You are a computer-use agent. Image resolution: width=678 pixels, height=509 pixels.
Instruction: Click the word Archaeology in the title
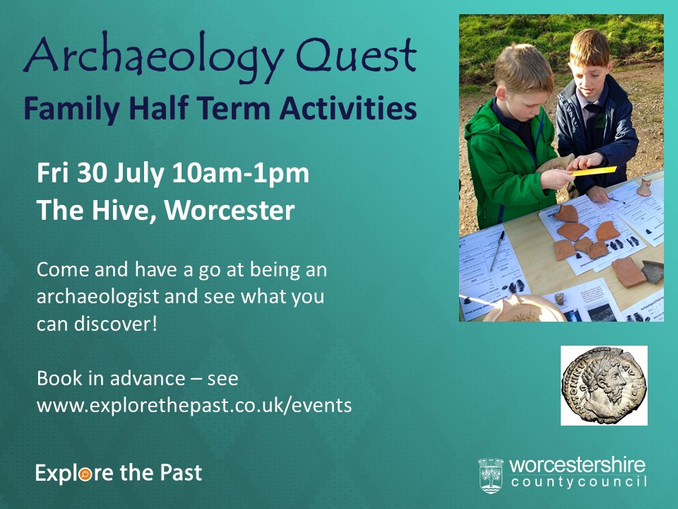click(153, 57)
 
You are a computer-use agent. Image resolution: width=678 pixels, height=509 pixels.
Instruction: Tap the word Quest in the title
click(356, 54)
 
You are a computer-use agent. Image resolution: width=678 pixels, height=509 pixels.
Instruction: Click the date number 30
click(92, 172)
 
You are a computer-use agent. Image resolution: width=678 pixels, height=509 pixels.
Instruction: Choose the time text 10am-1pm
click(240, 174)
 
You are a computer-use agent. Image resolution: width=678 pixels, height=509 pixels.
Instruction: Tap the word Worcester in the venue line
click(229, 211)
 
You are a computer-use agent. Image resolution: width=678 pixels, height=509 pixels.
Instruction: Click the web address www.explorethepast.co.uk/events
click(194, 406)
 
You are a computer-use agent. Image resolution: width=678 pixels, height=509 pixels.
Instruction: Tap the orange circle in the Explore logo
click(85, 474)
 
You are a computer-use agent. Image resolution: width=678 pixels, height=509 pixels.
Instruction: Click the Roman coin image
click(604, 385)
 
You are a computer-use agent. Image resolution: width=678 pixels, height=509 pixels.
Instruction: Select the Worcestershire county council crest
click(491, 476)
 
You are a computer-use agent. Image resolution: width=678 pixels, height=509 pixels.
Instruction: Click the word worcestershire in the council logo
click(577, 466)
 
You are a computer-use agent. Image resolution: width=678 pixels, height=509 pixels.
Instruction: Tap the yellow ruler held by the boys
click(594, 171)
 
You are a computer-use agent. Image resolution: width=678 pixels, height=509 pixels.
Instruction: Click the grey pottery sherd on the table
click(653, 271)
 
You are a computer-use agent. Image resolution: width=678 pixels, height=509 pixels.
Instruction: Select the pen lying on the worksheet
click(496, 250)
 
